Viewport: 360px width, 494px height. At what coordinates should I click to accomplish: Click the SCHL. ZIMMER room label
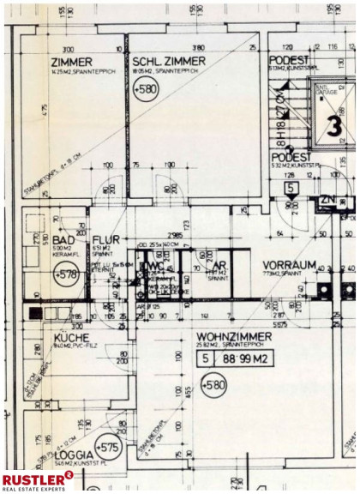[x=169, y=62]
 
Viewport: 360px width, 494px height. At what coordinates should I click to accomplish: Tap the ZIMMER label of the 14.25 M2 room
[x=71, y=62]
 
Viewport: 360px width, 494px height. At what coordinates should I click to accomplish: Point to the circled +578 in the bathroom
[x=64, y=274]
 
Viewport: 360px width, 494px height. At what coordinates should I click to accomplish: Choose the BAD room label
[x=63, y=241]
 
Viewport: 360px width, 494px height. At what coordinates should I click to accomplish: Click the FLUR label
[x=107, y=241]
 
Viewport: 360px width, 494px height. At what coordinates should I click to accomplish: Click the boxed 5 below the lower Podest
[x=291, y=187]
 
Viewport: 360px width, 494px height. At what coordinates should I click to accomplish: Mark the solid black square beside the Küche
[x=34, y=314]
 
